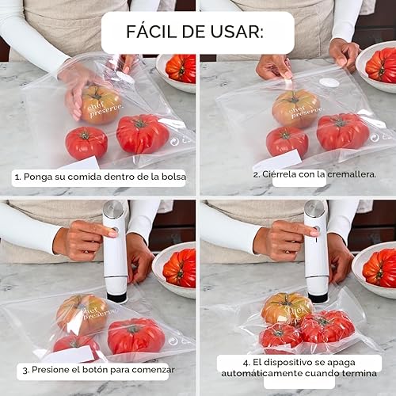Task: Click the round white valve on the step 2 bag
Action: (329, 82)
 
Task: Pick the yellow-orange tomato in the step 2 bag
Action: (295, 108)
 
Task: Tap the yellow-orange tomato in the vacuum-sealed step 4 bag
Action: (285, 309)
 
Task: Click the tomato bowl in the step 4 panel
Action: (375, 268)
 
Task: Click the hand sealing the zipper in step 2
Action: (273, 68)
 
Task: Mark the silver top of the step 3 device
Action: (114, 211)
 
